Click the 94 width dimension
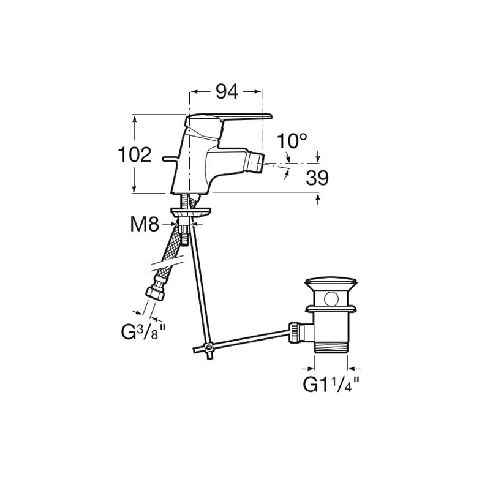tap(227, 91)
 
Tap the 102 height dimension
tap(135, 154)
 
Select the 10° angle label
tap(292, 141)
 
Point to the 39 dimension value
tap(317, 178)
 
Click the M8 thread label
tap(145, 224)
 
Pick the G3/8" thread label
tap(143, 332)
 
